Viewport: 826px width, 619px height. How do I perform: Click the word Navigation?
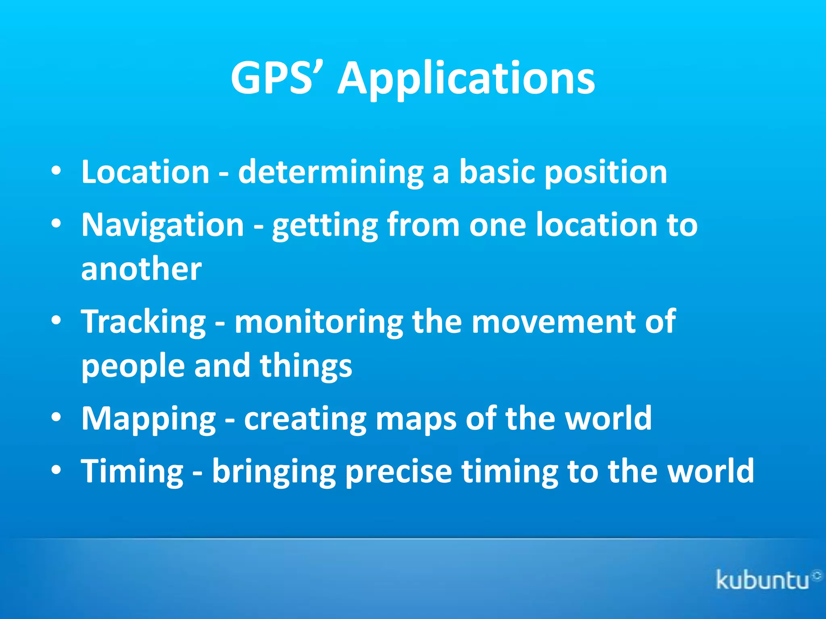click(163, 224)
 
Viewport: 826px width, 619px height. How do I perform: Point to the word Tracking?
click(143, 322)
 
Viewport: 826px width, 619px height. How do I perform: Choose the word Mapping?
click(148, 419)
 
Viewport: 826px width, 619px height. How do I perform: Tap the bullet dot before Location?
click(56, 171)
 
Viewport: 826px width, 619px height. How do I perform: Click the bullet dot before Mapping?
click(56, 418)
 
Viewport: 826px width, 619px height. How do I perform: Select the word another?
click(141, 269)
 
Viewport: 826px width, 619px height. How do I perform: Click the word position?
click(606, 172)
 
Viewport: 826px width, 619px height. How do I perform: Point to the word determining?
click(331, 172)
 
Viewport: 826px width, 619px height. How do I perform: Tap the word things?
click(306, 366)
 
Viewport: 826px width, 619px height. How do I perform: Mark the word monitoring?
click(319, 322)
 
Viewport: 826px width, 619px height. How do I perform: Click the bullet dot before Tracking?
click(56, 320)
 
